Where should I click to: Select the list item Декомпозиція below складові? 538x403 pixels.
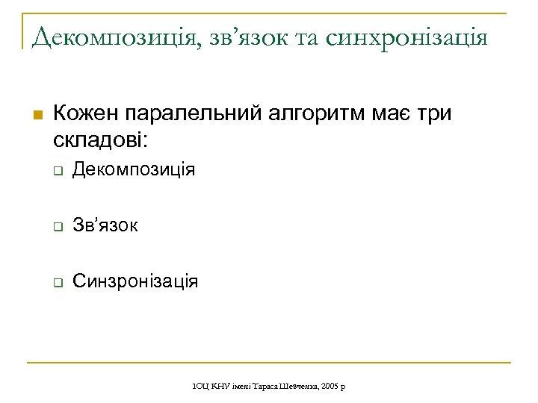pyautogui.click(x=134, y=171)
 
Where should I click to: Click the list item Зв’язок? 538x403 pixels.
pyautogui.click(x=105, y=226)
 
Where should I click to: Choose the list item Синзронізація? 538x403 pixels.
pyautogui.click(x=135, y=282)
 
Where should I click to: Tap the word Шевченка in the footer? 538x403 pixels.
pyautogui.click(x=300, y=385)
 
